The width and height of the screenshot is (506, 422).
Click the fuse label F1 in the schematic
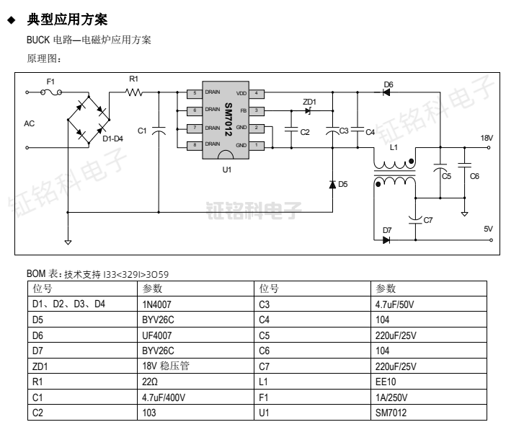click(50, 82)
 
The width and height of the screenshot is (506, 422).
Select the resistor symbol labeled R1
click(134, 92)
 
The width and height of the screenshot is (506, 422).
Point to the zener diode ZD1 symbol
click(309, 110)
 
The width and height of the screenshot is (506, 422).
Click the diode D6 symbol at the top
click(387, 92)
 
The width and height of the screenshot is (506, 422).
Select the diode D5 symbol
click(332, 185)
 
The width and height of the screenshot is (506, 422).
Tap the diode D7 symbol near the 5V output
click(387, 239)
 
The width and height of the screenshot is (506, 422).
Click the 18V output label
click(486, 137)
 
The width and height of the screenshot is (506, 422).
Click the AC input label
click(29, 124)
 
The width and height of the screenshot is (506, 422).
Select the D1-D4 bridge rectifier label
click(112, 139)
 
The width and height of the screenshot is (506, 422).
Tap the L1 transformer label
click(394, 146)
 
